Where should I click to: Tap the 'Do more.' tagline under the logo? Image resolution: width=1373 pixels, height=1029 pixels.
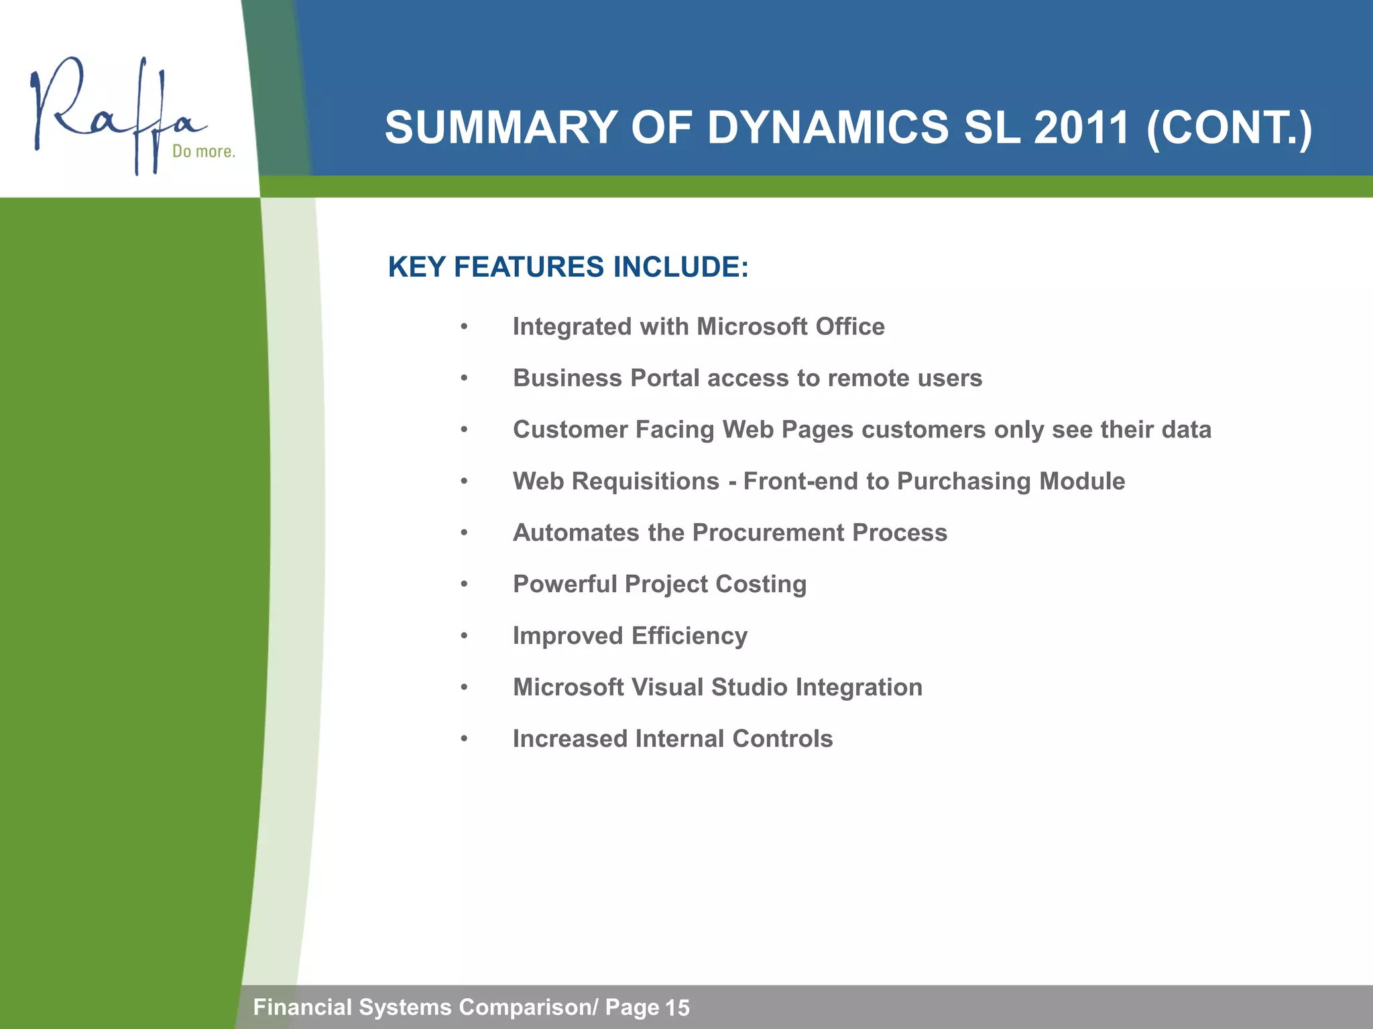(x=204, y=151)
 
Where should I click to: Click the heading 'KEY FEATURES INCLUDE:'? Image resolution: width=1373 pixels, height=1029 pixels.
(x=568, y=267)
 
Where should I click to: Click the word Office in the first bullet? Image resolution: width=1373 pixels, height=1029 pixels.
(x=850, y=327)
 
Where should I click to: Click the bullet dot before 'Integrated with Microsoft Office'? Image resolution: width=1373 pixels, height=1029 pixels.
(x=464, y=328)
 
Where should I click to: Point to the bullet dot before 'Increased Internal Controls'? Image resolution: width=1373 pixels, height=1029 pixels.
(x=464, y=740)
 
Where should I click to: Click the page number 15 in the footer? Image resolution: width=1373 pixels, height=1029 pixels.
(x=677, y=1008)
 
